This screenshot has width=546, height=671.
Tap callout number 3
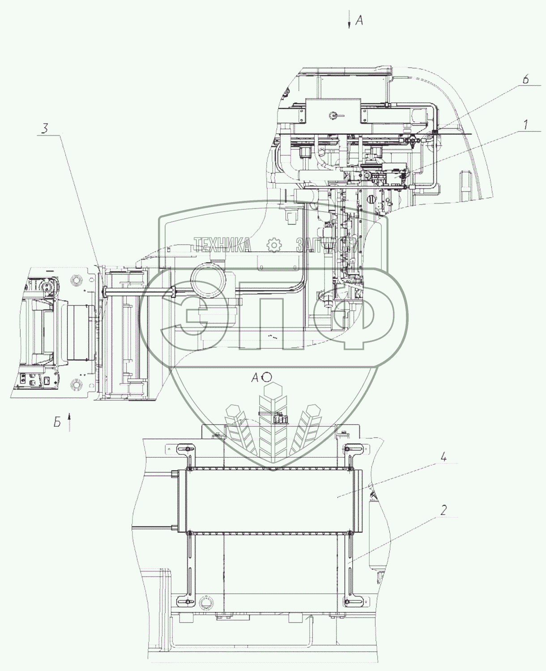45,128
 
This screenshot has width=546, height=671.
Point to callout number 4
444,457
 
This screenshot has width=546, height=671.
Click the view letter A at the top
359,21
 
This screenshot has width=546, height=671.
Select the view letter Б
57,421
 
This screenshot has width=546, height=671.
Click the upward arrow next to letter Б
69,422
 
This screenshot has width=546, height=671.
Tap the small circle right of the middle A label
267,377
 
